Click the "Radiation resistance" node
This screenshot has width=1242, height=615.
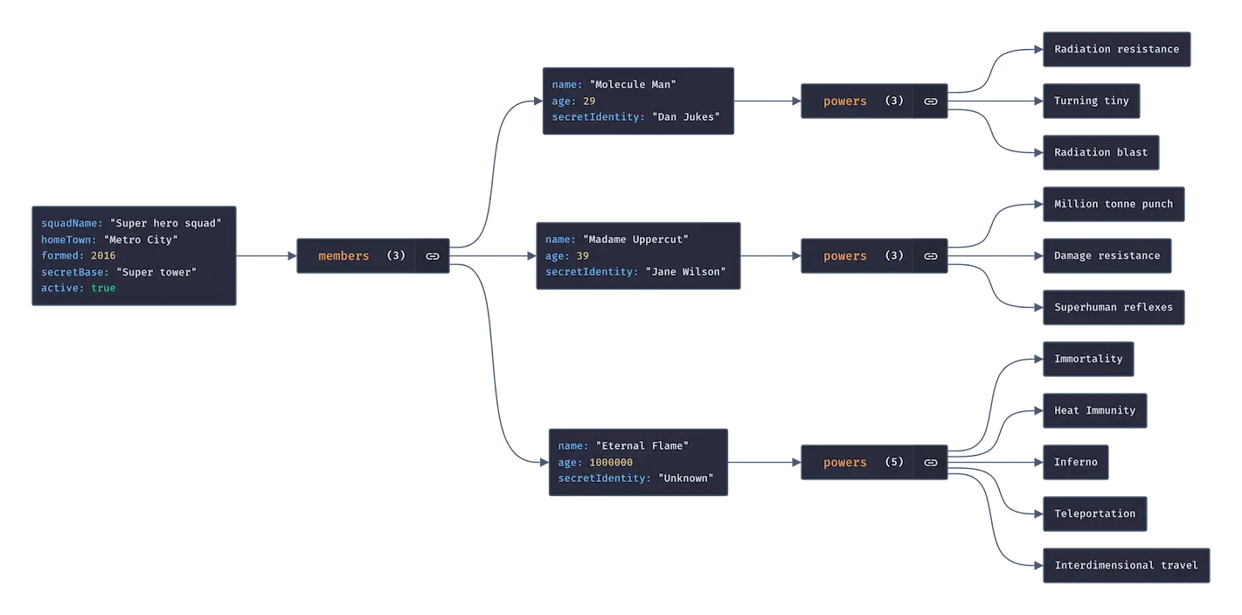pyautogui.click(x=1116, y=49)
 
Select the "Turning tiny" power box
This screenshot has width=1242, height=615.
pyautogui.click(x=1091, y=101)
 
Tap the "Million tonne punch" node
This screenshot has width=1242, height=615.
pyautogui.click(x=1113, y=204)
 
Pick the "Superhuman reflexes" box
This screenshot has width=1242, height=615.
pyautogui.click(x=1113, y=307)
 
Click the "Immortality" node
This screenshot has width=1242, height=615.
pyautogui.click(x=1087, y=359)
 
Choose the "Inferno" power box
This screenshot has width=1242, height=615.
pyautogui.click(x=1075, y=462)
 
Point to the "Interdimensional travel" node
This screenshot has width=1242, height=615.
pyautogui.click(x=1125, y=565)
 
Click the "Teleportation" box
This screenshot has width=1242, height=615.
pyautogui.click(x=1094, y=514)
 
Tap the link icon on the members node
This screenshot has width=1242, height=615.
pyautogui.click(x=432, y=256)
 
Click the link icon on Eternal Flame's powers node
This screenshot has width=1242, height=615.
pyautogui.click(x=931, y=463)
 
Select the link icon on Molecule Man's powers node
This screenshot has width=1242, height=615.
pyautogui.click(x=931, y=101)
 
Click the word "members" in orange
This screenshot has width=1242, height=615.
pyautogui.click(x=343, y=256)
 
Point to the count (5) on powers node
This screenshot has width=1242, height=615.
pyautogui.click(x=893, y=462)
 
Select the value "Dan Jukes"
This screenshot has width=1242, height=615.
pyautogui.click(x=686, y=117)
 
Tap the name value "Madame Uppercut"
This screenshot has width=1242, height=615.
pyautogui.click(x=635, y=240)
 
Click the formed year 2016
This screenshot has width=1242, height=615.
pyautogui.click(x=103, y=255)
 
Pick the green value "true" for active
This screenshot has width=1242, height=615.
pyautogui.click(x=103, y=288)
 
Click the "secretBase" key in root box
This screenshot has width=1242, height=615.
pyautogui.click(x=75, y=272)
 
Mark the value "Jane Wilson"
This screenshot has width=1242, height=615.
pyautogui.click(x=685, y=272)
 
